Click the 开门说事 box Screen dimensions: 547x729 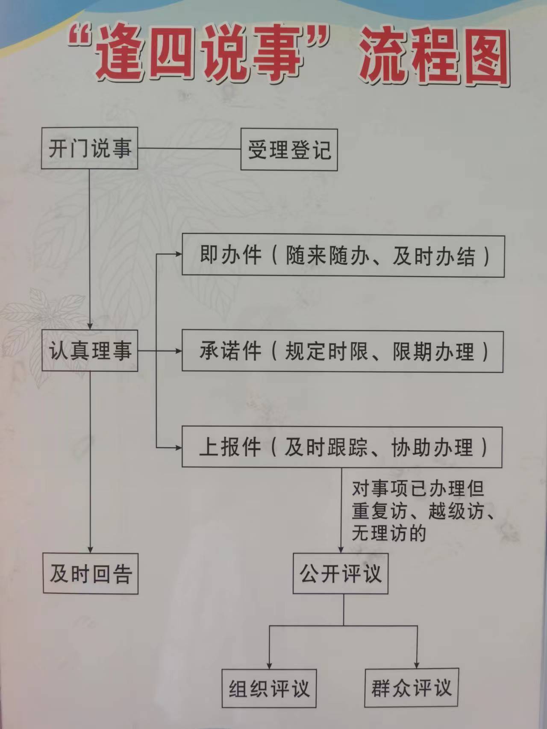point(89,148)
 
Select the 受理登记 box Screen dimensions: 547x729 point(289,150)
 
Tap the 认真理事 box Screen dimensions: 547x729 point(89,350)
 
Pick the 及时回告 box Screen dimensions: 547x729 point(91,573)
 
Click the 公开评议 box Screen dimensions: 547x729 point(341,573)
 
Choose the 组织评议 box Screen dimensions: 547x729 point(269,688)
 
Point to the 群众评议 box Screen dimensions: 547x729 point(412,688)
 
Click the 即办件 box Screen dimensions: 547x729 point(343,255)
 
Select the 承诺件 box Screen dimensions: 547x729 point(343,351)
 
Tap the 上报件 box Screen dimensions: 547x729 point(342,447)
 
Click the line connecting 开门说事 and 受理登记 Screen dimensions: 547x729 point(189,149)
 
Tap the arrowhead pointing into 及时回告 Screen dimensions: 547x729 point(90,549)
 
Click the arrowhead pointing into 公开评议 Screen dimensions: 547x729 point(341,549)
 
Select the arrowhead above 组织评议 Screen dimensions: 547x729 point(269,665)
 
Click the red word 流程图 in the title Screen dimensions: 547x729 point(435,57)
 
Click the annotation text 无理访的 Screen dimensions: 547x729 point(389,533)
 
